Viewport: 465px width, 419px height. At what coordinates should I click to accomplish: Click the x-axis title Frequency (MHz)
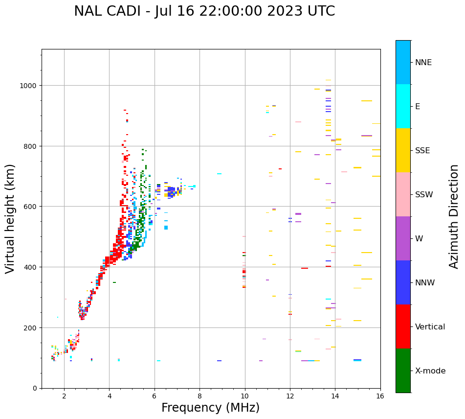[210, 408]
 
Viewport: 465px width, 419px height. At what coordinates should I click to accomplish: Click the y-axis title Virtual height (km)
[10, 218]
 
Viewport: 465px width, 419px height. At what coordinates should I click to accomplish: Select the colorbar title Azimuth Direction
[454, 216]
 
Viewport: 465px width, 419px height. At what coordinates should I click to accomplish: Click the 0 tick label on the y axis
[34, 388]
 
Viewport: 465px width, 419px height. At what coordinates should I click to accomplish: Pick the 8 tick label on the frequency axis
[199, 397]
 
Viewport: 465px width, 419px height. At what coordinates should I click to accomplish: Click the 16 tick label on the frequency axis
[380, 397]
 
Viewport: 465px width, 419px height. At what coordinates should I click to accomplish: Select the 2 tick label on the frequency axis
[64, 397]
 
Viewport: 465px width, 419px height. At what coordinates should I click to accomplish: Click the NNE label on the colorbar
[423, 62]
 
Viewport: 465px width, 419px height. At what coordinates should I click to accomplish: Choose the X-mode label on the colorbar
[430, 371]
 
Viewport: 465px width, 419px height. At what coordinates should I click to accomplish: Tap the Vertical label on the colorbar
[430, 327]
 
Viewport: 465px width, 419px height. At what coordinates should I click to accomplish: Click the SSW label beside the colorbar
[424, 195]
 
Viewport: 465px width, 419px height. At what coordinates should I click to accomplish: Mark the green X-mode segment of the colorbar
[403, 371]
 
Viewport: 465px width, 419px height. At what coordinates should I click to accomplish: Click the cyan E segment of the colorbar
[403, 106]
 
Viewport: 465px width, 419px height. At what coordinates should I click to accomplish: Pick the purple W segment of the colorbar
[403, 238]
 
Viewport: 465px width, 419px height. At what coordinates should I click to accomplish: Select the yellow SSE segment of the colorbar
[403, 150]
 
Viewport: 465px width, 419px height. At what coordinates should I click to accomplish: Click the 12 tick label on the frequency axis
[290, 397]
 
